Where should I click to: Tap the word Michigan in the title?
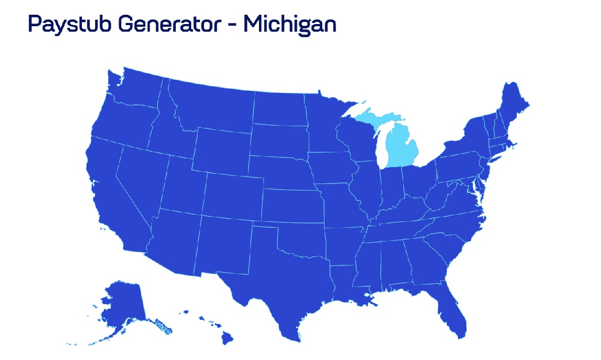coord(290,24)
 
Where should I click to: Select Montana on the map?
coord(213,104)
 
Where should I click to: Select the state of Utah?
coord(182,183)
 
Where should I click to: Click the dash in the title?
coord(231,26)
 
